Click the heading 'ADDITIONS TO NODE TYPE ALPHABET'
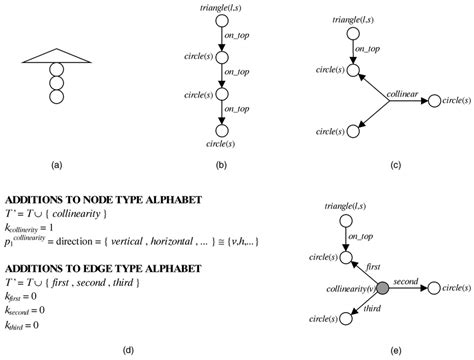click(104, 199)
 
